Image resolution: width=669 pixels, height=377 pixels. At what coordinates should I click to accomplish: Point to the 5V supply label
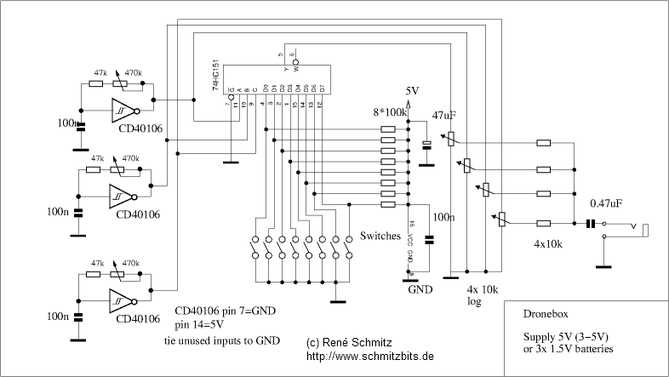pyautogui.click(x=412, y=91)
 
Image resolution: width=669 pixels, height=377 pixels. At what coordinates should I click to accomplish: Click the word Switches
pyautogui.click(x=380, y=235)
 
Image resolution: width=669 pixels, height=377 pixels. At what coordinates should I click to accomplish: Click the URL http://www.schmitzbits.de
pyautogui.click(x=369, y=356)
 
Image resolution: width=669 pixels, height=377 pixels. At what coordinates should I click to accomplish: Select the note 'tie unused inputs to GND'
pyautogui.click(x=221, y=340)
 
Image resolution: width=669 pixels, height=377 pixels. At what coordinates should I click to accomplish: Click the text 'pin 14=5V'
pyautogui.click(x=201, y=325)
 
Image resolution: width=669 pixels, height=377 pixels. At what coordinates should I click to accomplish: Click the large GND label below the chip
pyautogui.click(x=420, y=289)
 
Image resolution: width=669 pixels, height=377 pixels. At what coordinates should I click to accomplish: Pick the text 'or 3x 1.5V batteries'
pyautogui.click(x=568, y=350)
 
